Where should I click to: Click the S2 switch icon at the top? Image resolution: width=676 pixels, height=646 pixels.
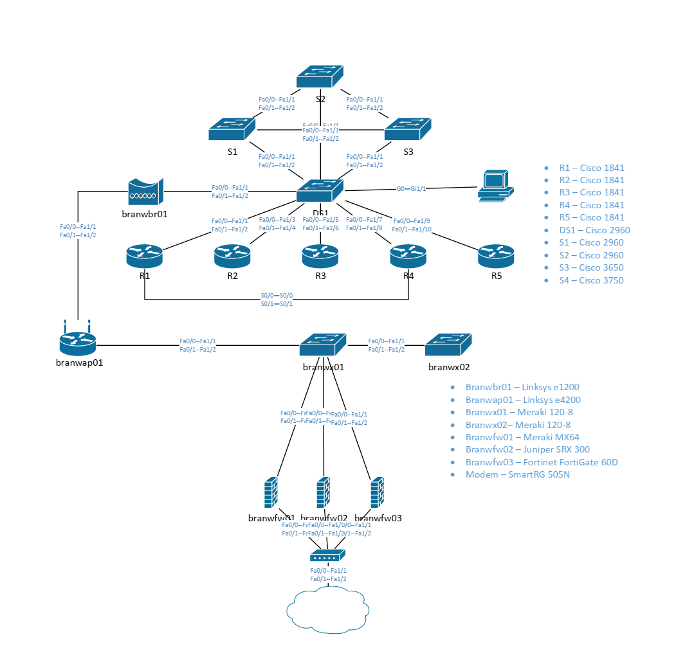(320, 77)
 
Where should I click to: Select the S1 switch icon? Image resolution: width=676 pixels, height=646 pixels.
(232, 129)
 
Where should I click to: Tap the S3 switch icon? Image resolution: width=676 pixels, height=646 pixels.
(408, 129)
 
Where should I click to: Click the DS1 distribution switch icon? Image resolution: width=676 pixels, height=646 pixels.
(320, 191)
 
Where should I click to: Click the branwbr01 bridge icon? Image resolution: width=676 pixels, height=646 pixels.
(145, 192)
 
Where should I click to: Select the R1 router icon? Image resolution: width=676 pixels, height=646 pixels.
(145, 256)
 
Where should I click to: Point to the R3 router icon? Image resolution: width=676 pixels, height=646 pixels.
(320, 256)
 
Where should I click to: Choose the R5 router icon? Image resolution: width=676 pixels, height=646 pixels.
(496, 256)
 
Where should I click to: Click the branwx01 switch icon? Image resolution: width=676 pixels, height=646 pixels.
(322, 345)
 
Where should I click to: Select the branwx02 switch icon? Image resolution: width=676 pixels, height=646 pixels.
(448, 345)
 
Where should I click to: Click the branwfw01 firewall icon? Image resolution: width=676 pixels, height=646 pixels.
(271, 494)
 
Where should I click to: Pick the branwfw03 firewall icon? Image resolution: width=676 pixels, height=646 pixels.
(378, 494)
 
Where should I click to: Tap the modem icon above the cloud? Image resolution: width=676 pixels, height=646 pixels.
(328, 555)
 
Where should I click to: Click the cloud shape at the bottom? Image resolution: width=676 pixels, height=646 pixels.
(328, 609)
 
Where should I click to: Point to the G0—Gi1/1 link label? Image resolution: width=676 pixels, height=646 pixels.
(411, 189)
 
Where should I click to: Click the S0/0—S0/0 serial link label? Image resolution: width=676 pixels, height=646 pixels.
(277, 296)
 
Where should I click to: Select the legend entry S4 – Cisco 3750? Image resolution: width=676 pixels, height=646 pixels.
(591, 280)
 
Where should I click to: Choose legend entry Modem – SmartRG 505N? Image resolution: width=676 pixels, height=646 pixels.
(517, 475)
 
